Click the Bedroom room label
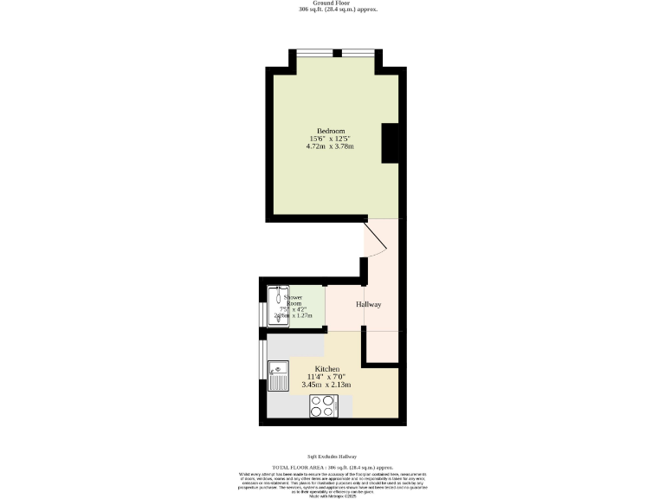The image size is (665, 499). tap(330, 131)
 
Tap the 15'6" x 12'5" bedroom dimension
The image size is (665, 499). tap(330, 139)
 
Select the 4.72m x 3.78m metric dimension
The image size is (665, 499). tap(330, 146)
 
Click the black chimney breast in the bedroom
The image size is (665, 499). tap(391, 143)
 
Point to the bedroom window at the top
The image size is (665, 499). tap(337, 53)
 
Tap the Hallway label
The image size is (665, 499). tap(369, 305)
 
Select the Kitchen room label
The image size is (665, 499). tap(327, 369)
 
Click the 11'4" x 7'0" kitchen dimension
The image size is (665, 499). tap(327, 376)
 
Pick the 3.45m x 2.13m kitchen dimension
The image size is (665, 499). tap(327, 384)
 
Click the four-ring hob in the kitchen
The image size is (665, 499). tap(323, 405)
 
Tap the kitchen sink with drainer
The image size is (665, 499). tap(279, 375)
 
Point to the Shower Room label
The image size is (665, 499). tap(294, 301)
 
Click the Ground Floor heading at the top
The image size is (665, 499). tap(332, 3)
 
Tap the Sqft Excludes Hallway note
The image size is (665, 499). tap(332, 457)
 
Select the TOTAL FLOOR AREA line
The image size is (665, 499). tap(332, 466)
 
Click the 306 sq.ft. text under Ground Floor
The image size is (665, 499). tap(332, 10)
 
